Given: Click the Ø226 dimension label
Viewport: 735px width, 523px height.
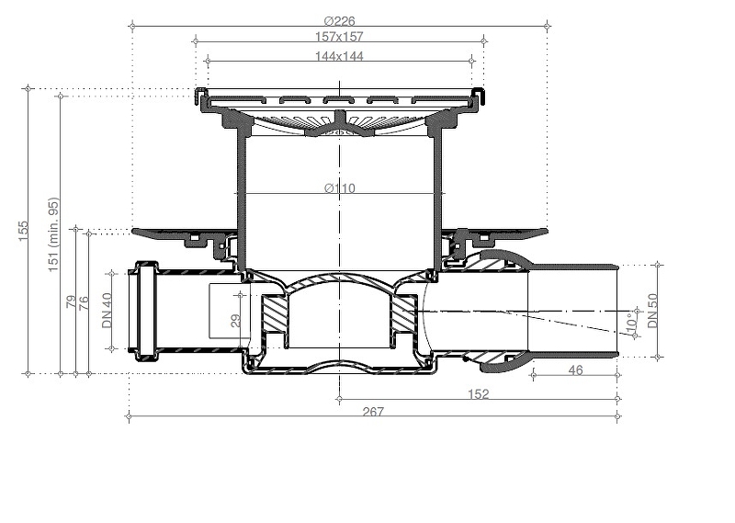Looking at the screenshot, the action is click(x=339, y=21).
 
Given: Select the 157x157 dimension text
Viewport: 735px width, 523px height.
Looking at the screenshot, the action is click(x=339, y=37).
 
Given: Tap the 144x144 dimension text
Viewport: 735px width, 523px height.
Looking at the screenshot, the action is click(x=339, y=56).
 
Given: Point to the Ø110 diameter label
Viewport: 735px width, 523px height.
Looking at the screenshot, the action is click(x=340, y=188).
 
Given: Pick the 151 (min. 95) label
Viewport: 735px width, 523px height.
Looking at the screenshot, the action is click(x=53, y=234).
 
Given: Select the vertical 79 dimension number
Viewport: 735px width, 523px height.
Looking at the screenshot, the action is click(x=72, y=301).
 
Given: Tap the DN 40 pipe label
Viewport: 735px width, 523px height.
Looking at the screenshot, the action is click(x=107, y=311).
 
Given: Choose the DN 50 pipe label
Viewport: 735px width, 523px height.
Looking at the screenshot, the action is click(x=652, y=311).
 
